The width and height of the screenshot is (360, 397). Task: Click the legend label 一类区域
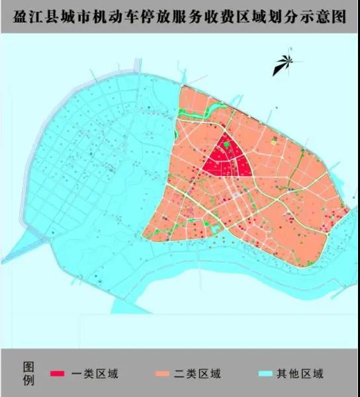pos(95,374)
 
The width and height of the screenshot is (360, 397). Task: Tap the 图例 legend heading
pos(28,374)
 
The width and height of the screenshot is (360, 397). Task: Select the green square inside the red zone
pos(228,144)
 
